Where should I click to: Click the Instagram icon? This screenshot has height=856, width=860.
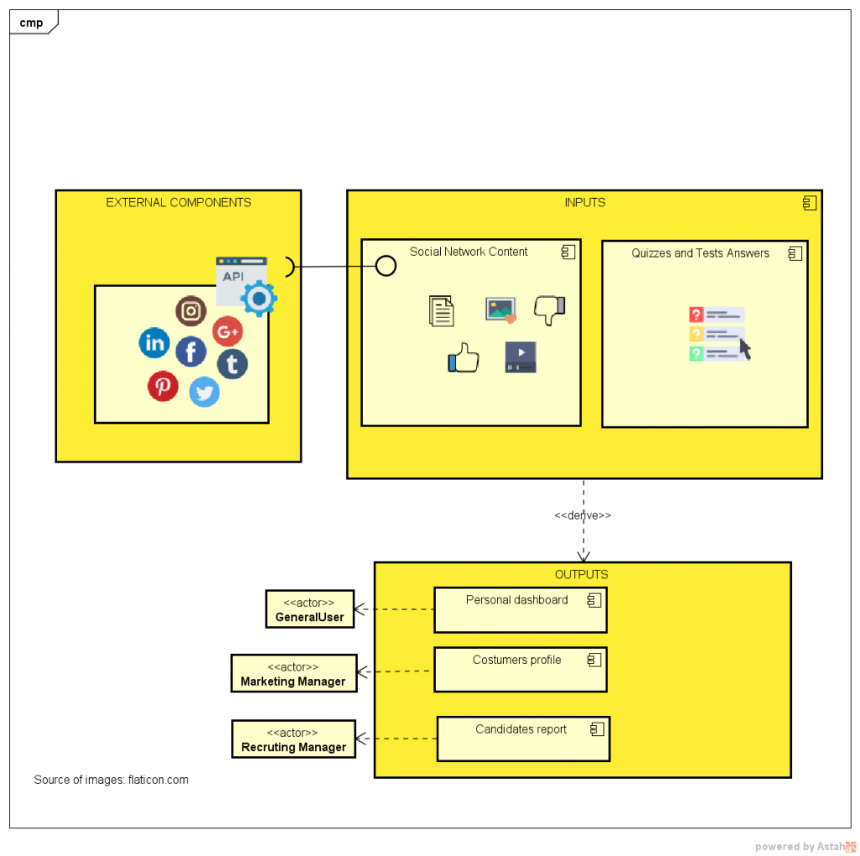point(191,311)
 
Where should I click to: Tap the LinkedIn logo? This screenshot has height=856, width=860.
point(155,342)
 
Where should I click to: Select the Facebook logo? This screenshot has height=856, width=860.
point(191,352)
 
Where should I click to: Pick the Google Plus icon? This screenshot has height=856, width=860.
point(228,331)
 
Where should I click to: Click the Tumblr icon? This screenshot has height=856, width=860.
point(233,364)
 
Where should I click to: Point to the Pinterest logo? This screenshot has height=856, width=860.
point(163,386)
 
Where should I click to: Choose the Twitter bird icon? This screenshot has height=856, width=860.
point(204,392)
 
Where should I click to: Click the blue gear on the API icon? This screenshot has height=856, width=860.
point(259,298)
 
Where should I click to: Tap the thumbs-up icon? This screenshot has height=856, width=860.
point(463,358)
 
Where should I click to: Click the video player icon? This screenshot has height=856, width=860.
point(520,357)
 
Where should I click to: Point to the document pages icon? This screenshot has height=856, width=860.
point(441,311)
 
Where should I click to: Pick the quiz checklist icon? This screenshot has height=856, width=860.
point(719,333)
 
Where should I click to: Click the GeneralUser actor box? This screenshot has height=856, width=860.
point(310,609)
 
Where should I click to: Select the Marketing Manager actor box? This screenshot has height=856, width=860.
point(293,674)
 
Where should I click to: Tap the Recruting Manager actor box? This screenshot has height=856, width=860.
point(293,739)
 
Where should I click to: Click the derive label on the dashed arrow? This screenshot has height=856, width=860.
point(583,515)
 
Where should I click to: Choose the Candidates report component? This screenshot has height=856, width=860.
point(523,739)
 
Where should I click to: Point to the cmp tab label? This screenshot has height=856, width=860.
point(31,23)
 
